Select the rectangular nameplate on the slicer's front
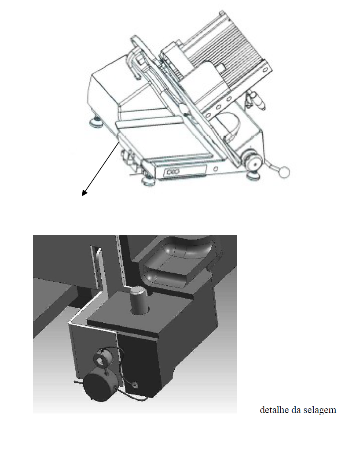185,170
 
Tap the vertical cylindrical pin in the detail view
139,300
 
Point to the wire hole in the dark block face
135,385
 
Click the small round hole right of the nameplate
215,168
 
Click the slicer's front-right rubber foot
255,175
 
